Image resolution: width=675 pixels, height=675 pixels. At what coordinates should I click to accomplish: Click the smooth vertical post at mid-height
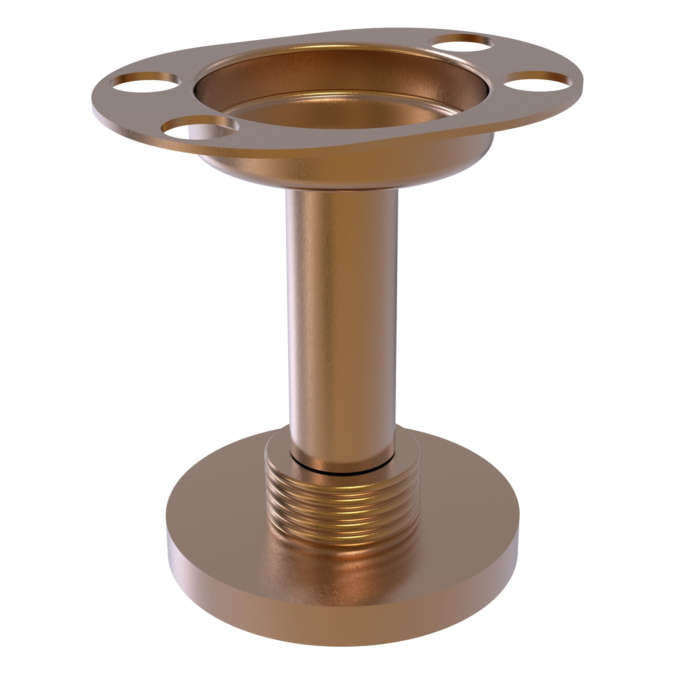click(341, 297)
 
